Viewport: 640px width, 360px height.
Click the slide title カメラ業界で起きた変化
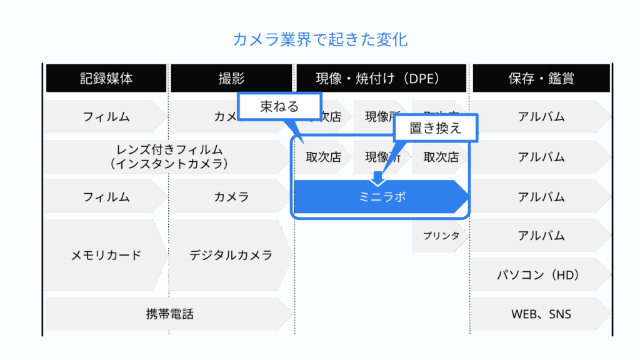pyautogui.click(x=320, y=41)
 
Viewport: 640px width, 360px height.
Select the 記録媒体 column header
pyautogui.click(x=106, y=78)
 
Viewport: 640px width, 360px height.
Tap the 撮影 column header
pyautogui.click(x=231, y=78)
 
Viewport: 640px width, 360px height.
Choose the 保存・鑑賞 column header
pyautogui.click(x=541, y=78)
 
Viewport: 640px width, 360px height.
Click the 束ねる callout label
pyautogui.click(x=279, y=106)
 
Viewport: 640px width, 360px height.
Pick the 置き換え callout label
pyautogui.click(x=436, y=128)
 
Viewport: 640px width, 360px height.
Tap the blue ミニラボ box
pyautogui.click(x=382, y=197)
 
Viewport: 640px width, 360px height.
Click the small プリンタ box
pyautogui.click(x=440, y=236)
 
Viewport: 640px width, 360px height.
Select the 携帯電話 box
pyautogui.click(x=169, y=314)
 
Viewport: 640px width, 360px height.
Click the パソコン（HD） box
pyautogui.click(x=539, y=275)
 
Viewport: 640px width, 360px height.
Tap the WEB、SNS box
pyautogui.click(x=539, y=314)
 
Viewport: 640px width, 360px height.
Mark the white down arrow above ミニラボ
pyautogui.click(x=377, y=179)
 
